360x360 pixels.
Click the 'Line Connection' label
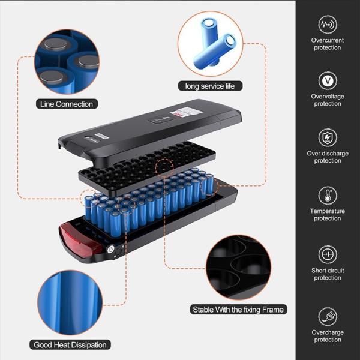[x=67, y=104]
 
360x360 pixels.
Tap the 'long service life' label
[x=210, y=86]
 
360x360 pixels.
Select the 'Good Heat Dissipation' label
[x=70, y=344]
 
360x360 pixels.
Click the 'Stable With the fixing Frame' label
[x=238, y=310]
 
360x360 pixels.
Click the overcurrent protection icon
[x=328, y=25]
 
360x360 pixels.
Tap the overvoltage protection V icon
[x=328, y=80]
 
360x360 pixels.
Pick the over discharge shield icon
[x=328, y=138]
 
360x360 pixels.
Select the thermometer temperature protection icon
[x=328, y=196]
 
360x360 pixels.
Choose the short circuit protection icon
[x=328, y=254]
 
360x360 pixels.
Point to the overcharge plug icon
[x=328, y=317]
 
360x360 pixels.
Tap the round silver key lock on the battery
[x=111, y=249]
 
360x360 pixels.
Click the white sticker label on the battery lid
[x=186, y=112]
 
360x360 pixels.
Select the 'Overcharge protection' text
[x=328, y=336]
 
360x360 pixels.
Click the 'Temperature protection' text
[x=328, y=215]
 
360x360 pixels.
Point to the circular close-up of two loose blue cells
[x=210, y=44]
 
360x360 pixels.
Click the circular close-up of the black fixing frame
[x=238, y=268]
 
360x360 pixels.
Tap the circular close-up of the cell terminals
[x=67, y=62]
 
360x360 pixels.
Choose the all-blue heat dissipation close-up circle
[x=70, y=302]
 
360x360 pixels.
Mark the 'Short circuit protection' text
[x=328, y=274]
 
